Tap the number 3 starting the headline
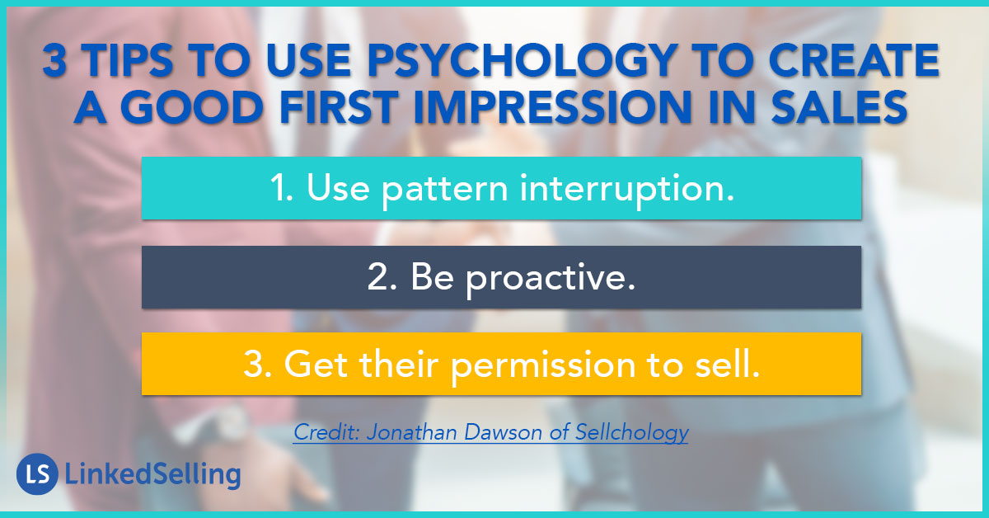tap(55, 61)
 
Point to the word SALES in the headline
tap(839, 107)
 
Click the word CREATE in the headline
tap(854, 61)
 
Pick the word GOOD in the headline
tap(192, 107)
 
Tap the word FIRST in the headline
tap(339, 107)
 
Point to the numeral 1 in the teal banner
tap(279, 188)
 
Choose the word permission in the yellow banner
tap(543, 366)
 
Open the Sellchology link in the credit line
tap(632, 433)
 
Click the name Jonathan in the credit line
tap(412, 432)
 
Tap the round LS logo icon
tap(38, 473)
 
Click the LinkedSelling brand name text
tap(152, 474)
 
